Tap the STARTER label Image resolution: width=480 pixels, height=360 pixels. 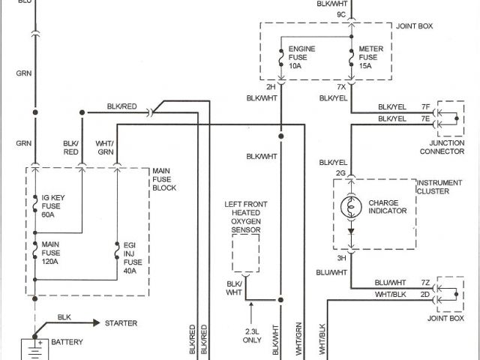(121, 323)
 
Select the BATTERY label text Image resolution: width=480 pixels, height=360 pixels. (67, 343)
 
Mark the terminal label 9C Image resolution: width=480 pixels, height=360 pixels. (341, 14)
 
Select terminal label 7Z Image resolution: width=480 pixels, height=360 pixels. (424, 282)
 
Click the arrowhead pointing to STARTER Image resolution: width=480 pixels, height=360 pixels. (96, 323)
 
